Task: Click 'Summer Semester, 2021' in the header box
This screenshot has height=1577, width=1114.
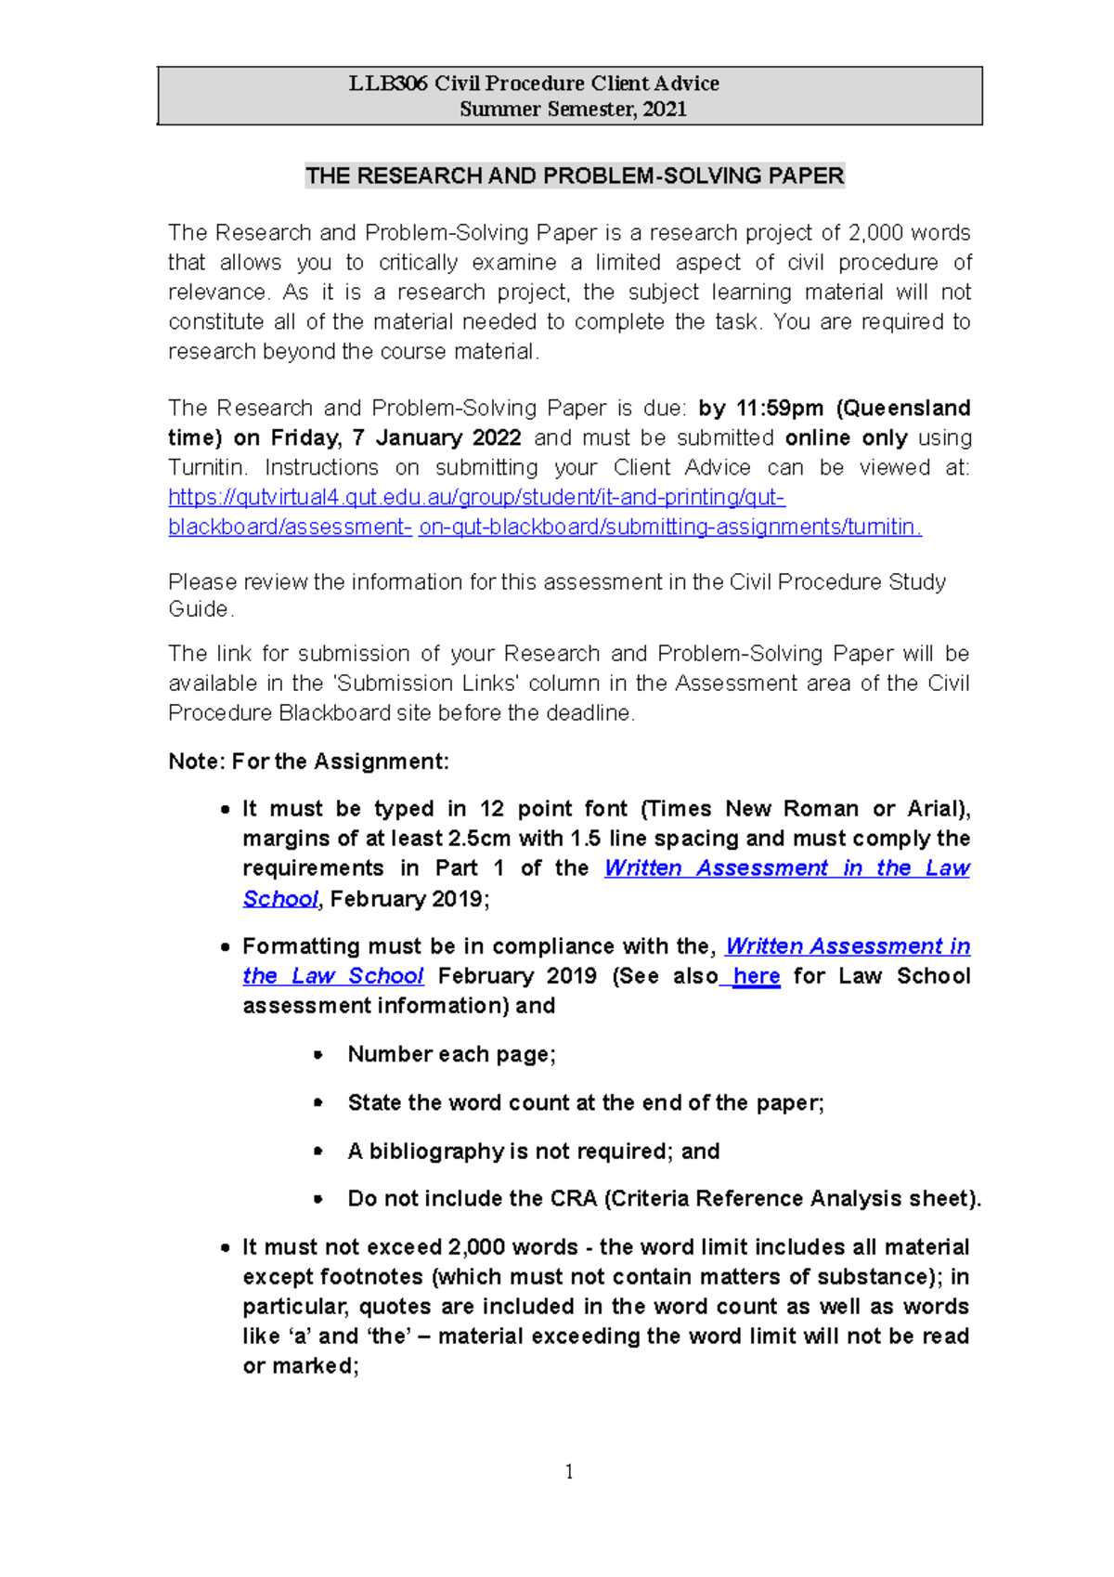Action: pyautogui.click(x=573, y=110)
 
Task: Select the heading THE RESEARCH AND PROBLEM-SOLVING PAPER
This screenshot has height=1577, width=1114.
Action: pyautogui.click(x=575, y=176)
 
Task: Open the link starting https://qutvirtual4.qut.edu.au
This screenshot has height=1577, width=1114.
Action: pyautogui.click(x=476, y=498)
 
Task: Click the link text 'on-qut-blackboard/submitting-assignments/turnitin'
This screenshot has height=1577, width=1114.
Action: pyautogui.click(x=669, y=528)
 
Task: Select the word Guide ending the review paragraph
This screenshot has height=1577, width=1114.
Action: pyautogui.click(x=199, y=610)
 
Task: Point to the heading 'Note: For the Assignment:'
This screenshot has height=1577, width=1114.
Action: pyautogui.click(x=308, y=762)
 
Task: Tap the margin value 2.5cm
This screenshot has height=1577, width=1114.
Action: pyautogui.click(x=479, y=839)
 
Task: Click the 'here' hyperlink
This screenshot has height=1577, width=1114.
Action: pyautogui.click(x=756, y=977)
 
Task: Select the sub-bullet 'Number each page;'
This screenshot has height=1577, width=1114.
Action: pyautogui.click(x=451, y=1055)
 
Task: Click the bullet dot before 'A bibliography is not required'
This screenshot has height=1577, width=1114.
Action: pyautogui.click(x=318, y=1152)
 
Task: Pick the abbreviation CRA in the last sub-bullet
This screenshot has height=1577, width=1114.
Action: pyautogui.click(x=574, y=1199)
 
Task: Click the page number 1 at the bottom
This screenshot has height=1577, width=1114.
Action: pyautogui.click(x=568, y=1472)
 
